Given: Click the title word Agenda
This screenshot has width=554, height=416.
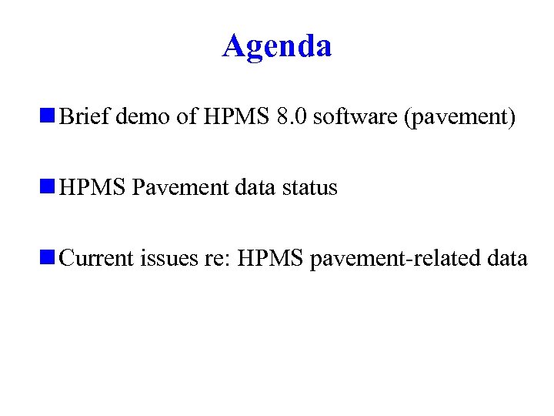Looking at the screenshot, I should pos(277,46).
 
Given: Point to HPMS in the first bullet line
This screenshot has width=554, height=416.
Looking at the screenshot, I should pos(235,118).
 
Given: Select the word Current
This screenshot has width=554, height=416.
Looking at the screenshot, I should pos(96,258).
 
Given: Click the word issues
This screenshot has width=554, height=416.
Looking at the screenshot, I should pos(168,258).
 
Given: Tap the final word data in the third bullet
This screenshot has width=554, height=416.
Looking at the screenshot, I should pos(507,258).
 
